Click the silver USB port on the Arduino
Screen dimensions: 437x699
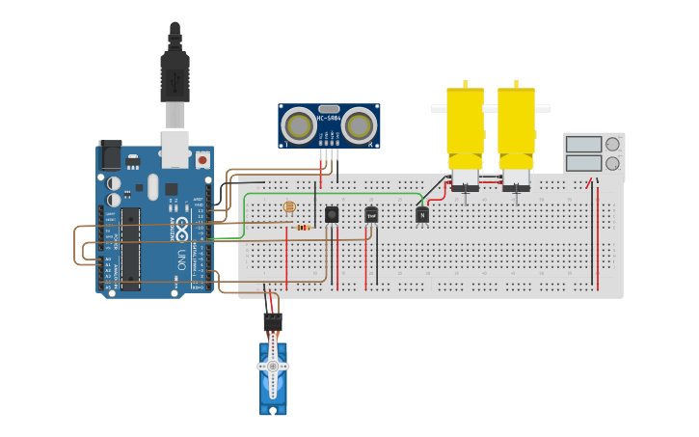(x=175, y=150)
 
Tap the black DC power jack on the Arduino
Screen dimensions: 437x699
(x=110, y=155)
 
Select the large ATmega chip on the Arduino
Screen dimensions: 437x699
(x=130, y=248)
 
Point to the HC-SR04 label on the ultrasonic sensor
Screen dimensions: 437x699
(x=329, y=118)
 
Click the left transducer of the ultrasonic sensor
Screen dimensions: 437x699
(x=299, y=125)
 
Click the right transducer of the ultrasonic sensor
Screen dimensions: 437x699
(x=359, y=125)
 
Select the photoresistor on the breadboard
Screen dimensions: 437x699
(x=289, y=207)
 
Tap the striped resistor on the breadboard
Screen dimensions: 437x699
(x=303, y=228)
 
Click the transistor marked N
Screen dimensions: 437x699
(x=422, y=215)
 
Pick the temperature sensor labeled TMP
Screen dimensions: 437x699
(x=371, y=215)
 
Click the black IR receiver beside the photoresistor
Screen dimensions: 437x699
(x=332, y=214)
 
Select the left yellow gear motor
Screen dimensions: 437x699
(x=465, y=130)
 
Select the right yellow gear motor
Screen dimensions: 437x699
(x=516, y=130)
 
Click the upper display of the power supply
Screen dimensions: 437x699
(x=583, y=145)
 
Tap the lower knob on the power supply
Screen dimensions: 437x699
(x=612, y=163)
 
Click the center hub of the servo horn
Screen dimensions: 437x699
(x=273, y=367)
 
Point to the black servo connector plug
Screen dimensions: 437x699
(x=273, y=322)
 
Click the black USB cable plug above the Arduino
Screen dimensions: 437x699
(x=175, y=77)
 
